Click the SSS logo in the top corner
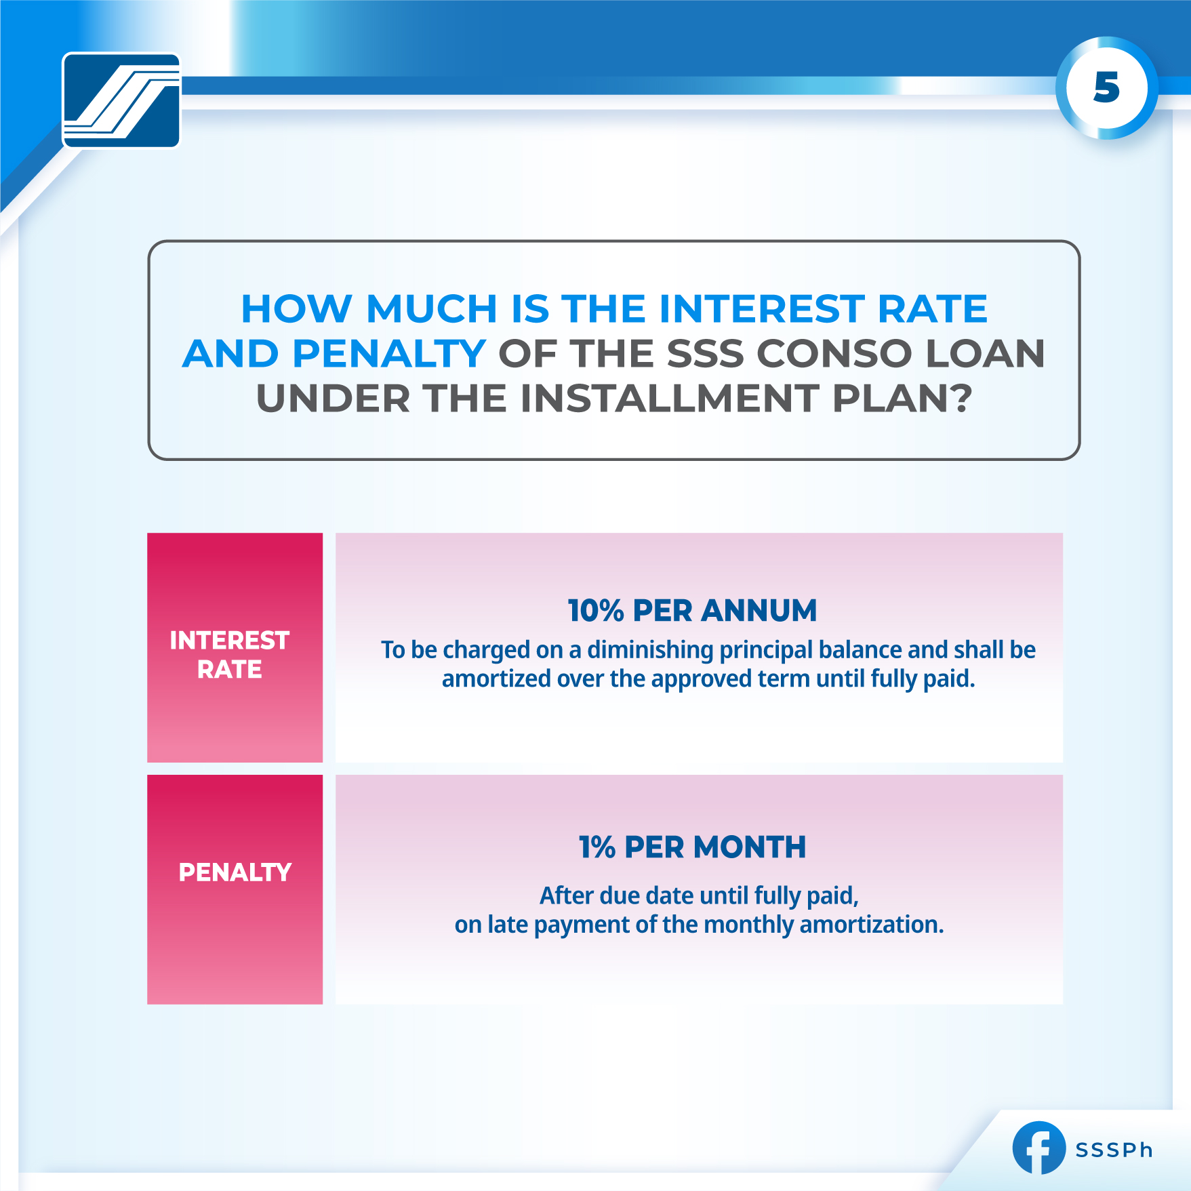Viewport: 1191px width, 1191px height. click(x=121, y=100)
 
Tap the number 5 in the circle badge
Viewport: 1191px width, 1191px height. click(x=1106, y=88)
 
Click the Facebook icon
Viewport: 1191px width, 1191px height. click(x=1038, y=1148)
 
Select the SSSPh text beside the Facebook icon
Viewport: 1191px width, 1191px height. click(x=1114, y=1150)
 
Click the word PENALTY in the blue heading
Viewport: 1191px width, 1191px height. click(x=388, y=354)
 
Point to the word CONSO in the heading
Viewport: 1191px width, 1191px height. click(x=834, y=354)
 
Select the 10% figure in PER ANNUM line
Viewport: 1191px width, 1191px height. click(x=595, y=611)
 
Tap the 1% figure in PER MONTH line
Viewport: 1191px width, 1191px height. click(x=597, y=847)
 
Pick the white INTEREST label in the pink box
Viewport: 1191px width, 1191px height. click(x=229, y=641)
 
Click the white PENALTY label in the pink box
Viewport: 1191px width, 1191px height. click(x=235, y=872)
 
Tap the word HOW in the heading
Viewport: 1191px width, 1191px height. click(x=296, y=309)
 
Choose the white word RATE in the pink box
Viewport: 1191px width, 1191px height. click(x=229, y=670)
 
